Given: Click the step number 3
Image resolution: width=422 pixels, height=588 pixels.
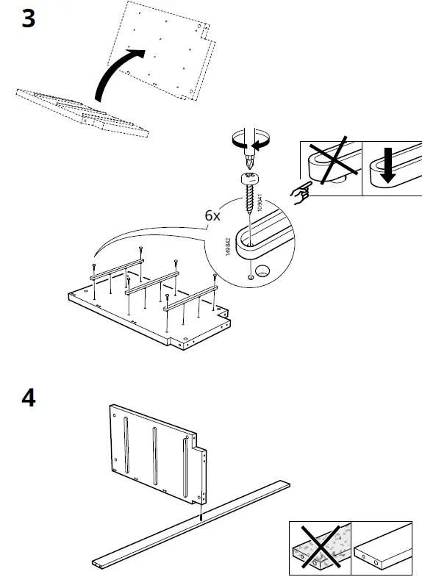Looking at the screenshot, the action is pos(29,18).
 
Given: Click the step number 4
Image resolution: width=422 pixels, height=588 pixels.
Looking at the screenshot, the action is pos(29,398).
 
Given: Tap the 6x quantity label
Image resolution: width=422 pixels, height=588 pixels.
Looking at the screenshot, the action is pos(212,215).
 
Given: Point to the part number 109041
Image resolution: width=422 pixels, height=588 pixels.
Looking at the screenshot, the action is pos(260,202).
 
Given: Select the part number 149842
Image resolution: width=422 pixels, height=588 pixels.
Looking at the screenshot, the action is pos(228,246).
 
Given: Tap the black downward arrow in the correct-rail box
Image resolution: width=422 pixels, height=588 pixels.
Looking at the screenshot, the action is pos(388,165).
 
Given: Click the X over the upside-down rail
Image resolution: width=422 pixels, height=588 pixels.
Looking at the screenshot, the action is pos(332,160).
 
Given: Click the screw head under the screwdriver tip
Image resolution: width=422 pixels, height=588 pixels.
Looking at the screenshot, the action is pos(248,178).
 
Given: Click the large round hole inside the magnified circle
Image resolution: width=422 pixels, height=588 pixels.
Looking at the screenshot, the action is pos(262,270).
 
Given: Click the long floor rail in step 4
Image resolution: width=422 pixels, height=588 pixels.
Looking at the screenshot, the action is pos(191,524).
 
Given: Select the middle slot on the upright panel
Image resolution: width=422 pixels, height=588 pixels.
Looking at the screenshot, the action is pos(155,455).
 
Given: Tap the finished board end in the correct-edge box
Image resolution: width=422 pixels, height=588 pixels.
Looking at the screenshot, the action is pos(382,548).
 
